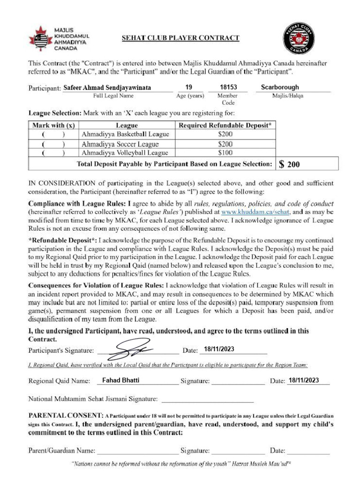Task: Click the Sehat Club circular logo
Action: [x=299, y=38]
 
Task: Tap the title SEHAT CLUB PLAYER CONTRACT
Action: [x=180, y=38]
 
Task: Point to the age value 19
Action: [x=188, y=87]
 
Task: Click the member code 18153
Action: [x=228, y=87]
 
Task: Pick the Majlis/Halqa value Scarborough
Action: [x=280, y=87]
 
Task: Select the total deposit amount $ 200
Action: [x=289, y=165]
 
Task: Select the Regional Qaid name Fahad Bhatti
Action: [x=120, y=380]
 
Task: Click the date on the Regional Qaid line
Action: [x=304, y=380]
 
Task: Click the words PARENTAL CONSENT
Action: [x=66, y=415]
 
